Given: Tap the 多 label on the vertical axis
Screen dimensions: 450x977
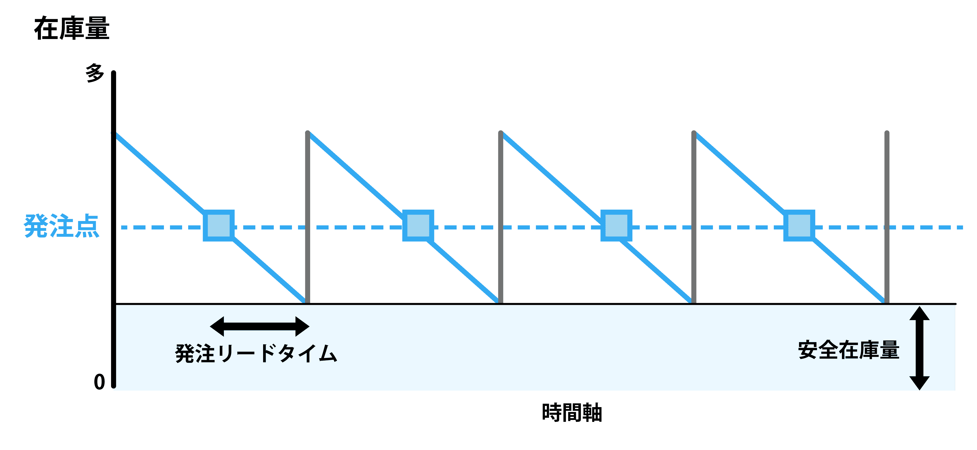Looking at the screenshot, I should pyautogui.click(x=94, y=73).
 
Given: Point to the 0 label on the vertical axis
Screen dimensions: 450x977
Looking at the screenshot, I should pyautogui.click(x=99, y=382).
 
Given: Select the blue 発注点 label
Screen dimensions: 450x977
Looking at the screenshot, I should pyautogui.click(x=61, y=226).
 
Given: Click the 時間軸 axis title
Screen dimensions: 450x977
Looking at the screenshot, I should pyautogui.click(x=572, y=413).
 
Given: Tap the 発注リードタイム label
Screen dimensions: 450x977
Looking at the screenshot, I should pyautogui.click(x=256, y=353).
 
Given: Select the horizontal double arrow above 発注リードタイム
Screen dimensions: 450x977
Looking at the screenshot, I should pyautogui.click(x=260, y=326).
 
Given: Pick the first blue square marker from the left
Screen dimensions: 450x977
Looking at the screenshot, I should pyautogui.click(x=219, y=226).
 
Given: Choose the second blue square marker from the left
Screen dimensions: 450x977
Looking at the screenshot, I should pyautogui.click(x=418, y=226).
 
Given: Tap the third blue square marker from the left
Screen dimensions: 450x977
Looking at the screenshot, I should pyautogui.click(x=616, y=226).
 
